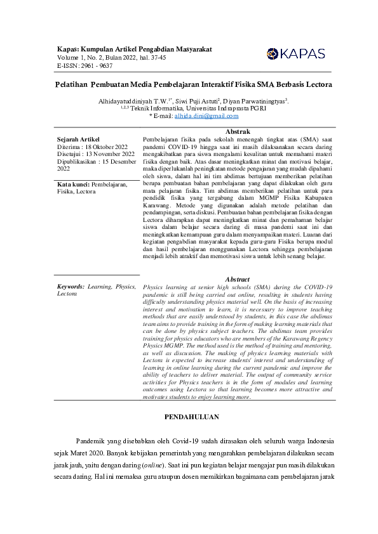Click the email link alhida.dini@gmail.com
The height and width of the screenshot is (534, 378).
[x=206, y=116]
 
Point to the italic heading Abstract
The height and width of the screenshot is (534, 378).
[x=238, y=279]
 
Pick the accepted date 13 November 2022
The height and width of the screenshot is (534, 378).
[x=110, y=153]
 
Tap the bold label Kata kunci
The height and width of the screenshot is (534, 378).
[x=73, y=185]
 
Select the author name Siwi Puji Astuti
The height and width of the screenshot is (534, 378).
[x=196, y=100]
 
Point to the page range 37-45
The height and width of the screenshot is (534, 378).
[x=158, y=57]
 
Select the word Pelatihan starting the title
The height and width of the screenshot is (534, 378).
[x=69, y=84]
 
